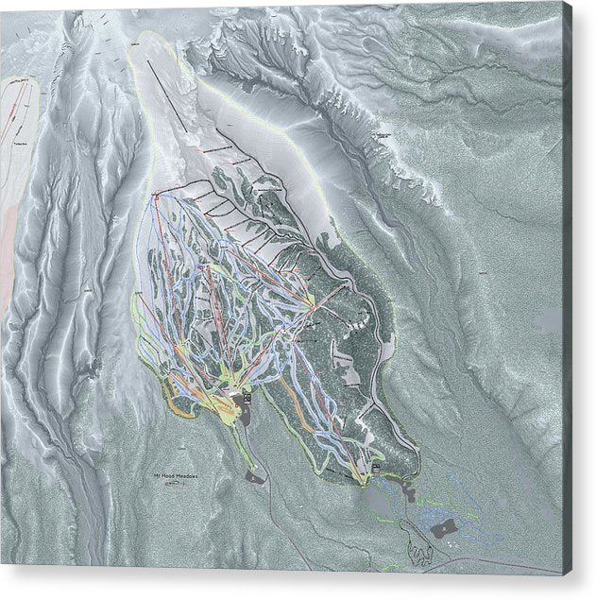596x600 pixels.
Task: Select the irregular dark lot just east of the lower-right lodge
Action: click(x=408, y=490)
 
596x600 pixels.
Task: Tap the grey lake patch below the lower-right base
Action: click(x=382, y=501)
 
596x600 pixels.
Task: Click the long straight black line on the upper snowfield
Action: click(x=179, y=94)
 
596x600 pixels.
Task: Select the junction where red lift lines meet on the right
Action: click(x=313, y=301)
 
